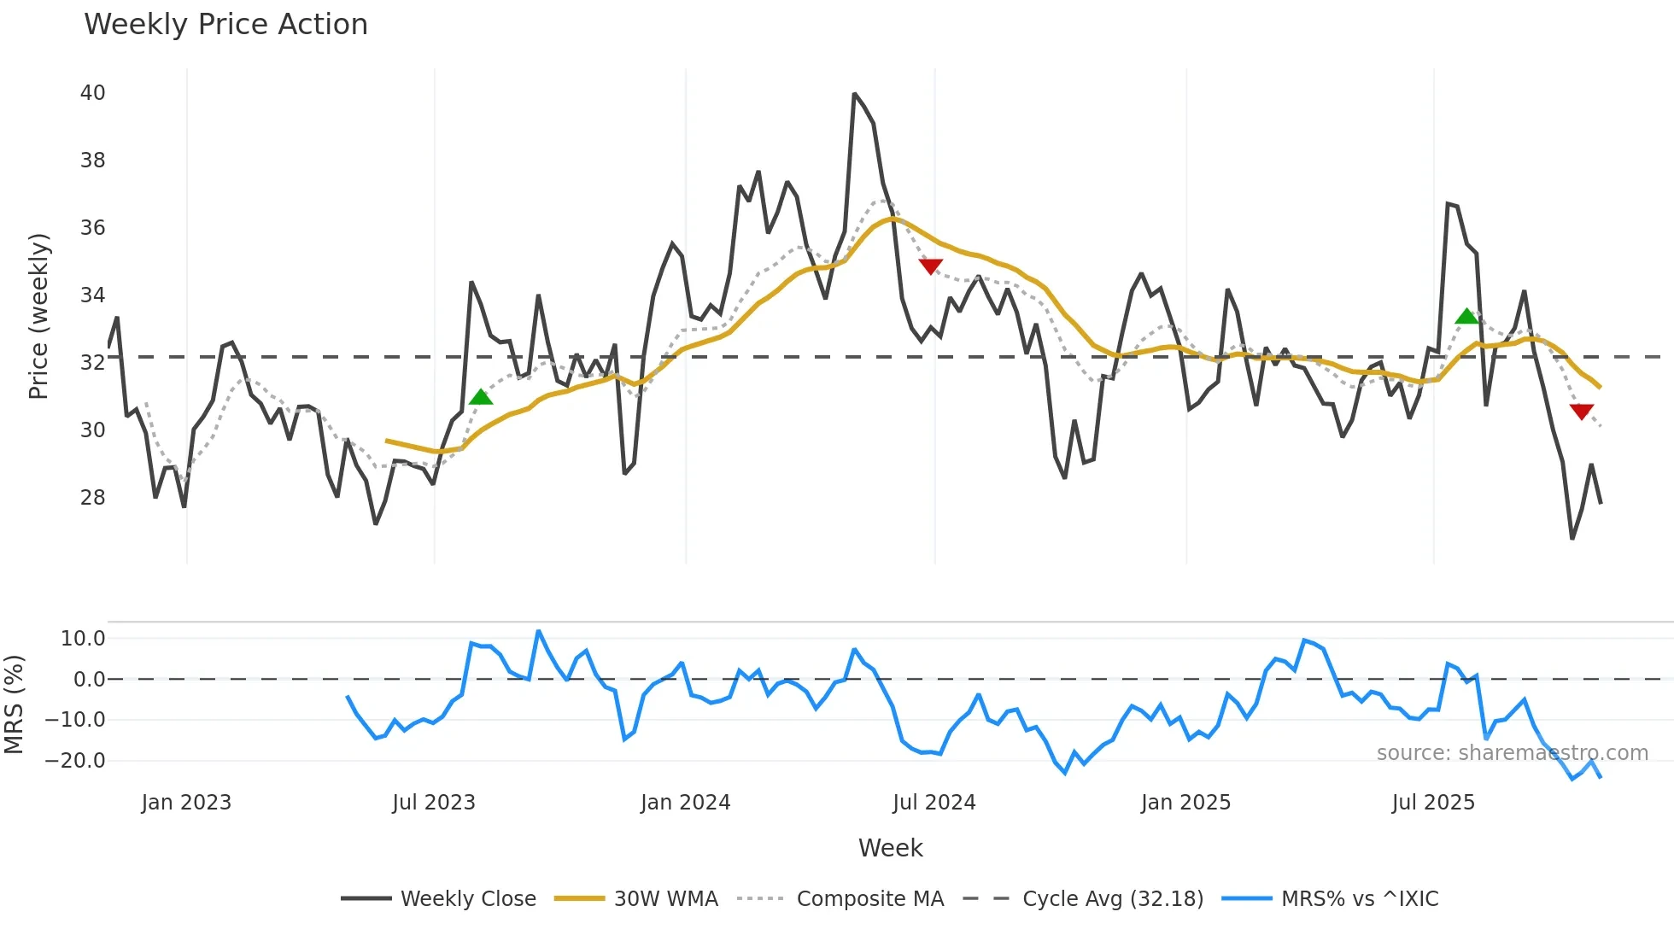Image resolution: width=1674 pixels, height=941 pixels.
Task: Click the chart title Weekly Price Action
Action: [x=225, y=25]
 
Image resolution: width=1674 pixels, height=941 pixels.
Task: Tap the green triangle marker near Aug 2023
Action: [x=481, y=397]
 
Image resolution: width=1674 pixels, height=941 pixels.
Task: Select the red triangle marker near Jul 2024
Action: [x=931, y=266]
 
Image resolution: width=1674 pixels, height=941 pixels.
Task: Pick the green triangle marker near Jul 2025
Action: [x=1466, y=317]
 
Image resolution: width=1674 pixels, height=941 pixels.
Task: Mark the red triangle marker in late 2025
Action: [x=1582, y=412]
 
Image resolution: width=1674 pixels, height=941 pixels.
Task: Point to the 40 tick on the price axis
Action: [x=92, y=93]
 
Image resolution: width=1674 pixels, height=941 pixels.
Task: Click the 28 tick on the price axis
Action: [x=92, y=498]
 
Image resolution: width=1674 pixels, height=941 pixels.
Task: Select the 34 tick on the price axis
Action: [x=92, y=295]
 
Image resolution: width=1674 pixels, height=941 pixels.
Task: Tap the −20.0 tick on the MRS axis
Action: [x=75, y=761]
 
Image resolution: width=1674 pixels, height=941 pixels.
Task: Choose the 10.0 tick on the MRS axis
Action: [x=83, y=639]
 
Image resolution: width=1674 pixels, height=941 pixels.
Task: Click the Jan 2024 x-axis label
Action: [x=685, y=803]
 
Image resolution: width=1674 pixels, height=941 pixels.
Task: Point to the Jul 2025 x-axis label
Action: [x=1432, y=803]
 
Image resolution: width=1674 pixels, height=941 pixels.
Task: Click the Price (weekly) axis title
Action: [x=38, y=316]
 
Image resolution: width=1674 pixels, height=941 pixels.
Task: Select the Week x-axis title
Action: [x=890, y=848]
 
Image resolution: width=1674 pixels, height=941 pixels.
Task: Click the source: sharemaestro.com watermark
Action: [x=1512, y=753]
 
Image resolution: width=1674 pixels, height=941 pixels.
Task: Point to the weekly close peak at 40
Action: [x=854, y=94]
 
